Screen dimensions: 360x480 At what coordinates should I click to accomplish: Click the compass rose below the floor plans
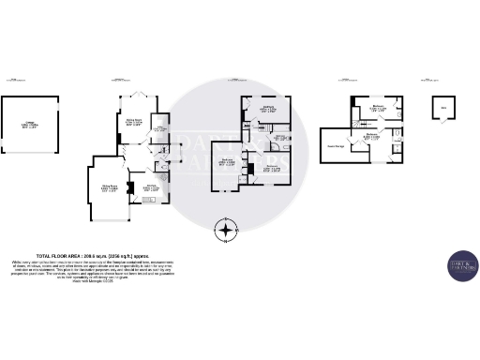(225, 229)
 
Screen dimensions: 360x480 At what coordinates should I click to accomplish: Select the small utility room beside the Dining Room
(159, 130)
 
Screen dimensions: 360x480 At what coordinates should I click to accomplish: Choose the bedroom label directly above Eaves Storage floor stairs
(377, 109)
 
